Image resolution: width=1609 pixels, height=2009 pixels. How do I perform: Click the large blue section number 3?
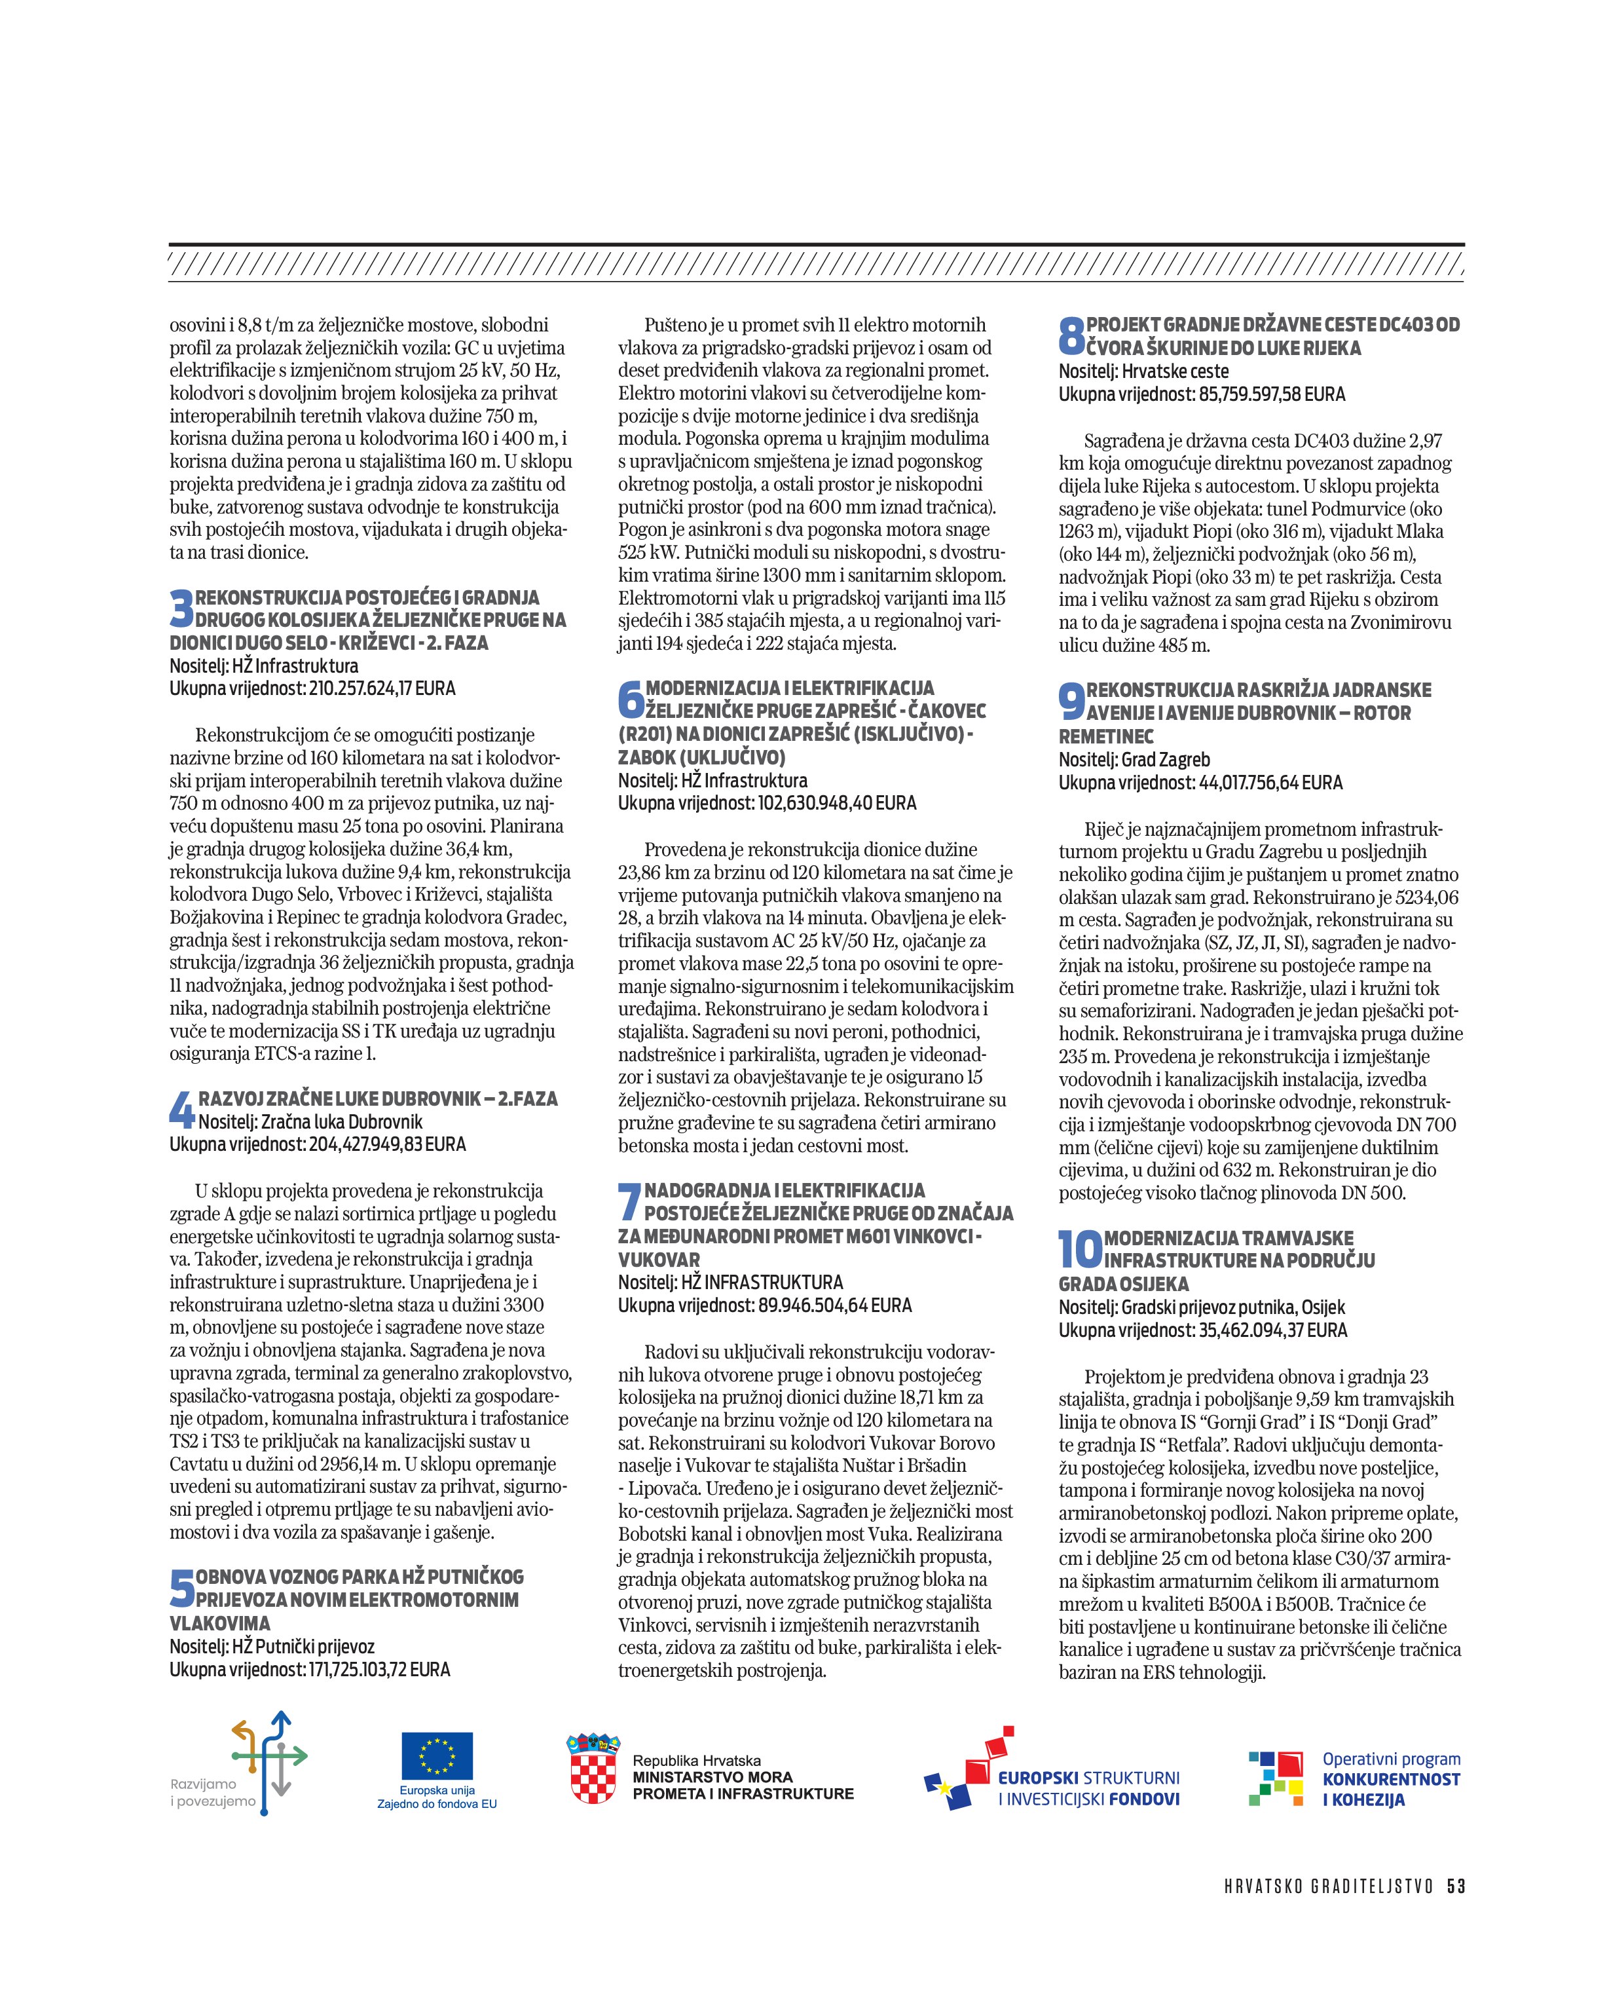tap(181, 609)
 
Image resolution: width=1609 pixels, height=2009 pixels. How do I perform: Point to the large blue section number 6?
tap(631, 699)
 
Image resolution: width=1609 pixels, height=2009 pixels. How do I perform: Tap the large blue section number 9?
tap(1071, 702)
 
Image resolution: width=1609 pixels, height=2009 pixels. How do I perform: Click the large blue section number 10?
tap(1080, 1250)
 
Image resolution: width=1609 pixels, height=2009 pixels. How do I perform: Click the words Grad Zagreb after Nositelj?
tap(1164, 759)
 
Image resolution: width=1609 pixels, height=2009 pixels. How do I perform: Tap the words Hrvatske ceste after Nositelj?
tap(1175, 371)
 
